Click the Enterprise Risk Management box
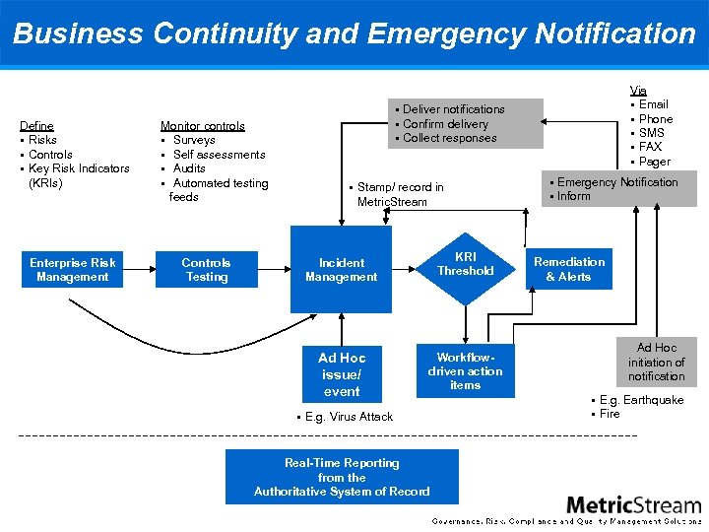[72, 270]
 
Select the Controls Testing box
[206, 270]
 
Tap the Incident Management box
[341, 270]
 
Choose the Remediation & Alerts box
[568, 269]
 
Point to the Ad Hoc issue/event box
[341, 374]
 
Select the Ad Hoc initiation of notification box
[656, 363]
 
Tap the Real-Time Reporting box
[342, 477]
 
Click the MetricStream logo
[633, 504]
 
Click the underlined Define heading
[37, 126]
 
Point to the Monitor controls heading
[202, 126]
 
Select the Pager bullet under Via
[654, 162]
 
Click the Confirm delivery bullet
[445, 124]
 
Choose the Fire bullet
[610, 414]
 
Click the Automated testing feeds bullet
[219, 189]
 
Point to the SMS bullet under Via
[651, 133]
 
